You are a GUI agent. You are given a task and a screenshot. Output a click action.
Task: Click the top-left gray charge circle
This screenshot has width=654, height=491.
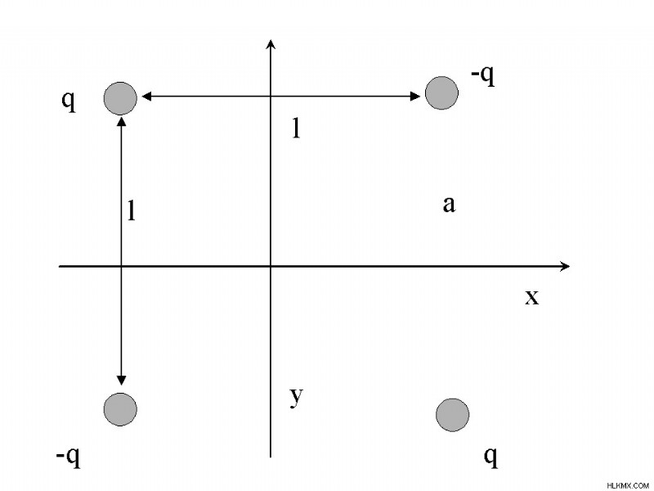120,98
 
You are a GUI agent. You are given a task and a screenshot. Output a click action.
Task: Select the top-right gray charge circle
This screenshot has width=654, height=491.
441,93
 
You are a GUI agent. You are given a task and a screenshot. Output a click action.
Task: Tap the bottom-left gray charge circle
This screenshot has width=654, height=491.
120,410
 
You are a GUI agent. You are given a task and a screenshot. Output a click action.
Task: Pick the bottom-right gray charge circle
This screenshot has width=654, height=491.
453,415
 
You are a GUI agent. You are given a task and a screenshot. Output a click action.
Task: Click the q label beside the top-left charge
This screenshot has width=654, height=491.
69,101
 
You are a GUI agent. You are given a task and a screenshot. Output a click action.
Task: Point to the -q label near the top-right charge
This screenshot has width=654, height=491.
483,75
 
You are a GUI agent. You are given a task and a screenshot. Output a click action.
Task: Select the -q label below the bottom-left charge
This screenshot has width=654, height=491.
68,457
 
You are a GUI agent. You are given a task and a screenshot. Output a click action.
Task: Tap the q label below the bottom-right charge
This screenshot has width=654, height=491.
491,457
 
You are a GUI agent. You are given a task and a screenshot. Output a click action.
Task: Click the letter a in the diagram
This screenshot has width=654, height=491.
449,205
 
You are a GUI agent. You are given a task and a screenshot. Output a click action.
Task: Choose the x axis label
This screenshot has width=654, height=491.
532,297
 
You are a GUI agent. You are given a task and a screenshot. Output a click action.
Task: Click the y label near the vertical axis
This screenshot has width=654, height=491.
296,396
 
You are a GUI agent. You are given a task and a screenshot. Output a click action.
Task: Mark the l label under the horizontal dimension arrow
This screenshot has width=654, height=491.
296,128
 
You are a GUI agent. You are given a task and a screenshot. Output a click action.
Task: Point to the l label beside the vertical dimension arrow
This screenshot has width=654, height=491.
132,210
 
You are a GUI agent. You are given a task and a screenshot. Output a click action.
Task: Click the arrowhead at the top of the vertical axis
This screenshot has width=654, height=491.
271,44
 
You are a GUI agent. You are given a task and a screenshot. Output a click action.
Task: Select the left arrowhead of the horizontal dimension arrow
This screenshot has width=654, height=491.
146,97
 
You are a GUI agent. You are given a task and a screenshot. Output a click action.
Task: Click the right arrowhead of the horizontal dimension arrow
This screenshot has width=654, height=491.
415,97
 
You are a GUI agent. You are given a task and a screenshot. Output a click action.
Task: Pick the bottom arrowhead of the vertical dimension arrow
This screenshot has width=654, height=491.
121,381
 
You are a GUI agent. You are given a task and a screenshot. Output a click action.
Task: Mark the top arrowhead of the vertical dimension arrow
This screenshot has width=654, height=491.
122,122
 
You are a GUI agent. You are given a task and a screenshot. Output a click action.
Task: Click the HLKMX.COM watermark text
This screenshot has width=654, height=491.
628,485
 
